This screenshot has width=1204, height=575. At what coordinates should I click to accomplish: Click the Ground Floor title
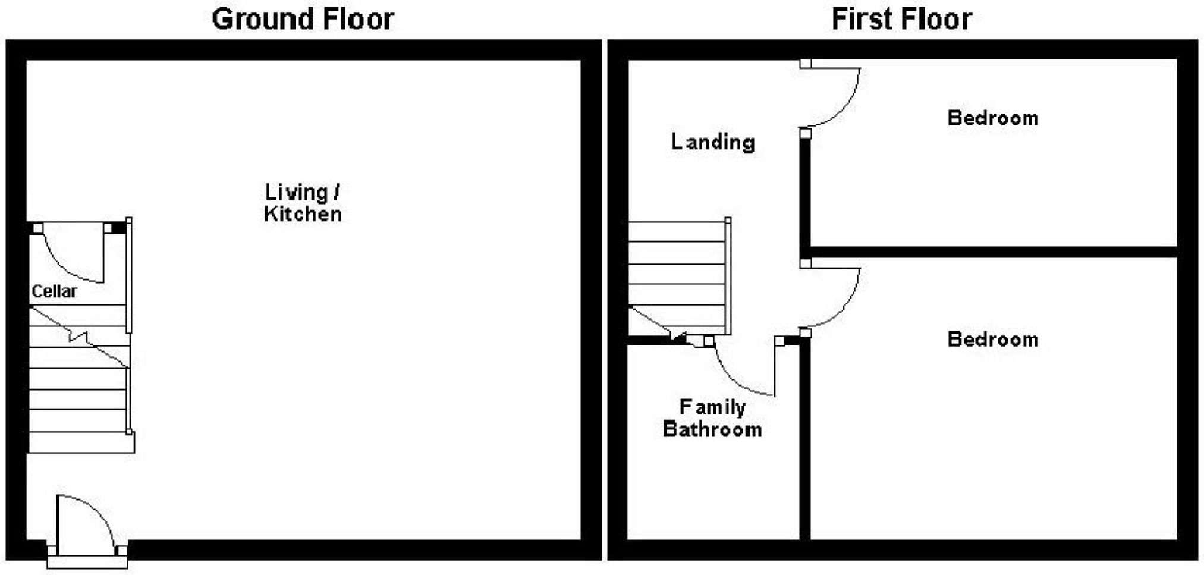click(303, 19)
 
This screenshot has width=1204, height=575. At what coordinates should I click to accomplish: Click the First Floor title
click(901, 19)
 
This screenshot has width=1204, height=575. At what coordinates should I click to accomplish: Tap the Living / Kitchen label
click(303, 203)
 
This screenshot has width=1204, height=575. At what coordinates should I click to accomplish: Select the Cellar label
click(54, 291)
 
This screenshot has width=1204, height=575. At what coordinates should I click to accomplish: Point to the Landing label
click(713, 142)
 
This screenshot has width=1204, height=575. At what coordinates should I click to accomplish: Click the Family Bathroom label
click(712, 418)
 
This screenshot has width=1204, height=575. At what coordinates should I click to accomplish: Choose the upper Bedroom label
click(992, 118)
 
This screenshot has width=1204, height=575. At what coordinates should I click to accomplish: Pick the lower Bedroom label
click(992, 340)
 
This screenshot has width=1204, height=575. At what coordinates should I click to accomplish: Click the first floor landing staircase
click(678, 274)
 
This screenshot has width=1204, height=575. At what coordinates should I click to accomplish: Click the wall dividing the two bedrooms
click(993, 252)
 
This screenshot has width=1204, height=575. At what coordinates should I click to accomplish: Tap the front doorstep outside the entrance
click(87, 562)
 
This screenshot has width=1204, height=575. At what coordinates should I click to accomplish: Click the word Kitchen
click(303, 214)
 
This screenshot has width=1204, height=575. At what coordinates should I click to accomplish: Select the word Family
click(712, 407)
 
